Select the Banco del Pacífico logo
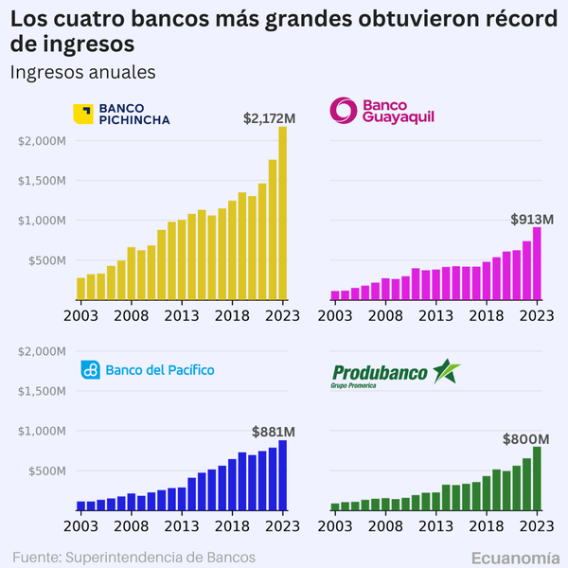[147, 369]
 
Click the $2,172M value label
[270, 118]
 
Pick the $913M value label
[531, 219]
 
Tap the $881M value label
[272, 431]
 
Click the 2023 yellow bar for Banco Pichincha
[282, 213]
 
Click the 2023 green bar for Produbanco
[538, 478]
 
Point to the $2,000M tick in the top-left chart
[42, 141]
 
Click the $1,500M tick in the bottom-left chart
[42, 391]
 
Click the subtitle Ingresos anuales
[81, 72]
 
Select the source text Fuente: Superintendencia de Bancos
[133, 556]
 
